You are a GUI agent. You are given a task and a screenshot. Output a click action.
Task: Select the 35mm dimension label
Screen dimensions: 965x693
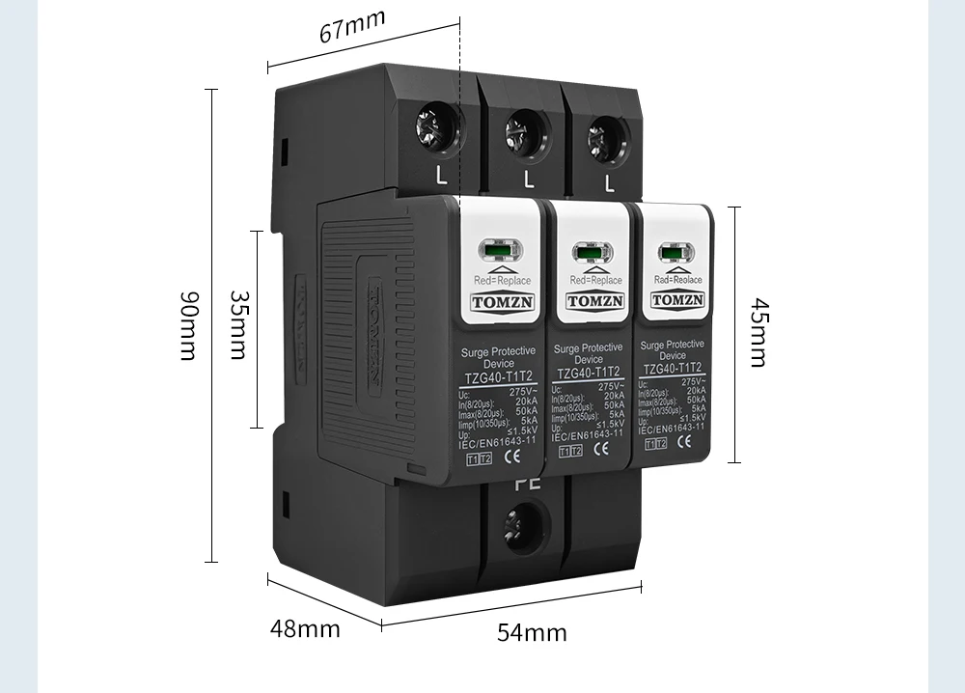tap(236, 325)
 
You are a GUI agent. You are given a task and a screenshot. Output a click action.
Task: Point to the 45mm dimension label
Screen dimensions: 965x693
tap(759, 333)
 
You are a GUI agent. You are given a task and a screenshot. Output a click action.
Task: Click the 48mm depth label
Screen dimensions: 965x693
tap(305, 629)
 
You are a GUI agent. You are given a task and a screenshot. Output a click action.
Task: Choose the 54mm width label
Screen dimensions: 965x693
tap(532, 633)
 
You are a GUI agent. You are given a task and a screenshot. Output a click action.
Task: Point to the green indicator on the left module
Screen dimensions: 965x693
tap(494, 253)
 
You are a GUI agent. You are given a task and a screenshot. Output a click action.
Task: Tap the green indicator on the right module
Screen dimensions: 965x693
tap(674, 254)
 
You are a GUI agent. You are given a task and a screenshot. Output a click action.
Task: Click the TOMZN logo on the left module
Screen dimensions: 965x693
tap(495, 301)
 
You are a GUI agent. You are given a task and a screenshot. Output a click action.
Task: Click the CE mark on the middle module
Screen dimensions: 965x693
tap(600, 449)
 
